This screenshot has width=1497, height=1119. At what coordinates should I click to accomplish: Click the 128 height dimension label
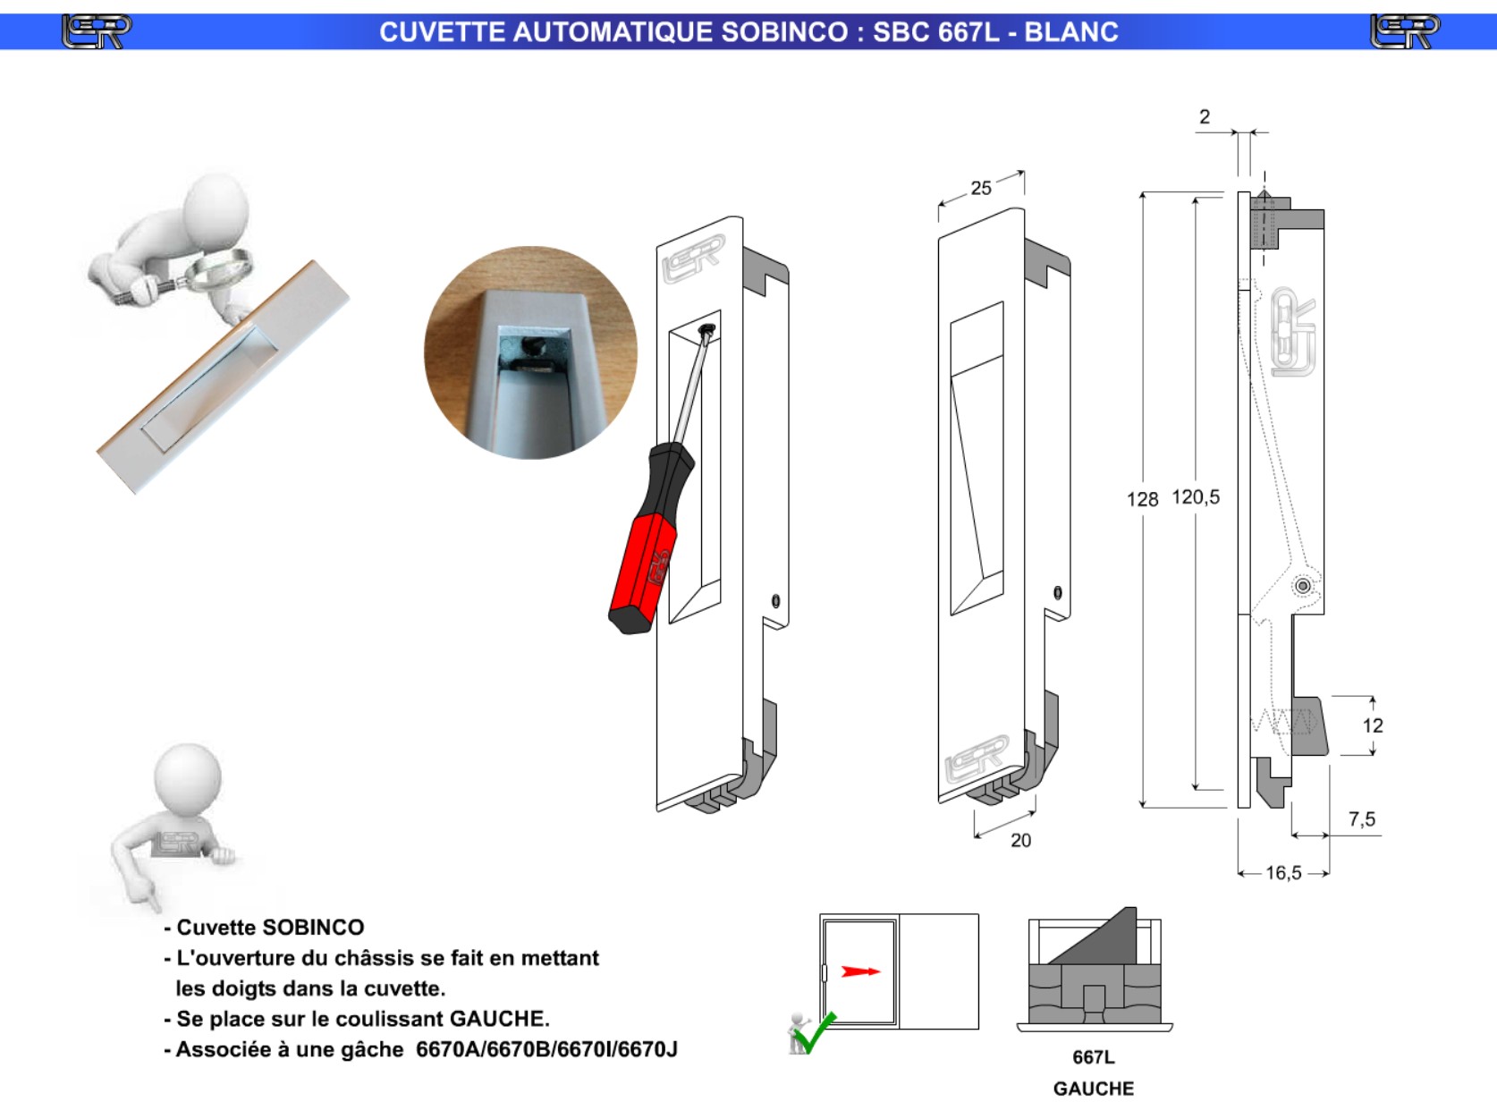coord(1142,499)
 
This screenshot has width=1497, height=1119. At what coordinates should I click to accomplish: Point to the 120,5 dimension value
coord(1196,497)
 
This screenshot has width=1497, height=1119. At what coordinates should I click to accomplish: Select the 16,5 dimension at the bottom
coord(1283,873)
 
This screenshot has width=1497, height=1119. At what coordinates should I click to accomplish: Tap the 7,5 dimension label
coord(1361,819)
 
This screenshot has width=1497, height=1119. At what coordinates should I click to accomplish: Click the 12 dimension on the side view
coord(1373,725)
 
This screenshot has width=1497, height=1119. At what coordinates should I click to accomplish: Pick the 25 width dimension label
coord(981,188)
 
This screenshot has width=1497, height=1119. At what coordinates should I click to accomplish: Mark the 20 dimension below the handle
coord(1020,841)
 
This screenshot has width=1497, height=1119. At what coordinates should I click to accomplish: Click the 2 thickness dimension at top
coord(1205,117)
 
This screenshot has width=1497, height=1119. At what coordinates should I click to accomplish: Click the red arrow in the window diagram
coord(861,971)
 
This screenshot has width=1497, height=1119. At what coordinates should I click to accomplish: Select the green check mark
coord(816,1034)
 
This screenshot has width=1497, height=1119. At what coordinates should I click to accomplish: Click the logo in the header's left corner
coord(97,32)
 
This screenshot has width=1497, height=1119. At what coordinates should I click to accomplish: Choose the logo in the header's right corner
coord(1405,32)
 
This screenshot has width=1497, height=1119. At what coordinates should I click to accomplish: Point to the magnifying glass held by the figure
coord(218,269)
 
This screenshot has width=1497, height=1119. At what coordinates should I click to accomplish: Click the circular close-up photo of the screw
coord(530,352)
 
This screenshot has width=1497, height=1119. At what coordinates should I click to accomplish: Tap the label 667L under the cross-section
coord(1094,1057)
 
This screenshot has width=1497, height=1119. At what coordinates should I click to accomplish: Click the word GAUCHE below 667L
coord(1094,1089)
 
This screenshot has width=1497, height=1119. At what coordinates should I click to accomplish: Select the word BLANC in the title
coord(1071,32)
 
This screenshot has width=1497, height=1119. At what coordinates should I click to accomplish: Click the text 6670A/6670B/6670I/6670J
coord(546,1049)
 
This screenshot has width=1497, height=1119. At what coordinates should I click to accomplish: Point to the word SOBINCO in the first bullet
coord(316,928)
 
